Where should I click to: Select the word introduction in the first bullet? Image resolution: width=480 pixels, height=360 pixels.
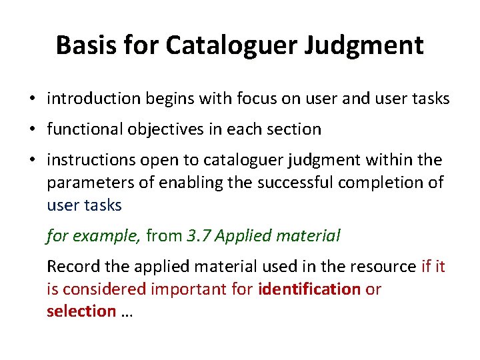tap(93, 99)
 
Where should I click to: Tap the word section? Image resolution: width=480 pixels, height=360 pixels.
tap(297, 129)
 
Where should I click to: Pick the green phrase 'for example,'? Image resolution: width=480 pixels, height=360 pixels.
tap(93, 235)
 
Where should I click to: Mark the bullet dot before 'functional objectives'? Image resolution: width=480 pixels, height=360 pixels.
tap(32, 130)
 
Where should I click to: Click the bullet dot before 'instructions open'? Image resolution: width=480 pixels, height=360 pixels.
tap(32, 161)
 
